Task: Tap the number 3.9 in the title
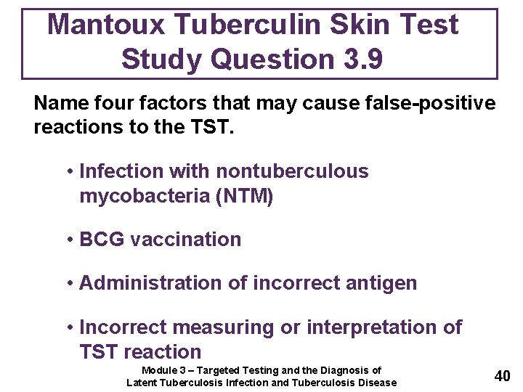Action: pos(354,59)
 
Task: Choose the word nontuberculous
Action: pos(292,171)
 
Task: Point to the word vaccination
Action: pos(185,240)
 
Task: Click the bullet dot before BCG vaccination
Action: pos(70,240)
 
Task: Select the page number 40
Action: pos(502,376)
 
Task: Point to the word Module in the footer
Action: pos(159,370)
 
